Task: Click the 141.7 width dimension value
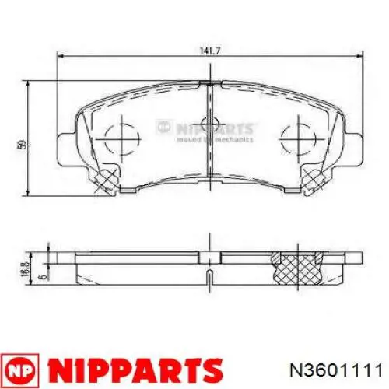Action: [x=206, y=51]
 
